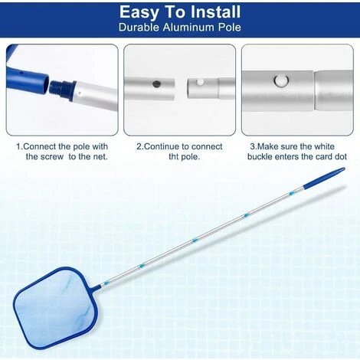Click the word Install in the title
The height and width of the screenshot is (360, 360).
[211, 12]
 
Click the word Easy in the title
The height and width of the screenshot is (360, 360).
[139, 13]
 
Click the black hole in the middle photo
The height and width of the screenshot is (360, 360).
[156, 83]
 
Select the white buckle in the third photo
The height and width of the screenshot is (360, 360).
[281, 80]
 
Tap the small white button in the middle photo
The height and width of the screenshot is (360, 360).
[200, 82]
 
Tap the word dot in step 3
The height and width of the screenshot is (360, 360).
[340, 156]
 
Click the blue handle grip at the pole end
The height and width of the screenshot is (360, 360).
[324, 178]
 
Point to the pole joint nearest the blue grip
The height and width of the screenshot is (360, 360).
[290, 194]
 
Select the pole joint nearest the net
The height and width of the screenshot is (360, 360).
[106, 283]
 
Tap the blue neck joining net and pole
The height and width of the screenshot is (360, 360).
[96, 288]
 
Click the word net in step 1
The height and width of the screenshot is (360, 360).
[100, 157]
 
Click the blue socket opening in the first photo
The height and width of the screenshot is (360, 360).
[45, 83]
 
